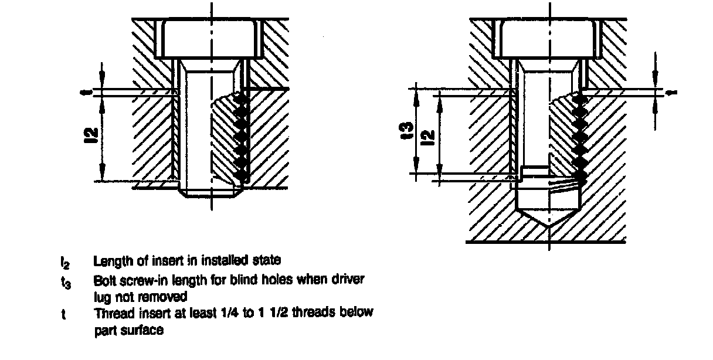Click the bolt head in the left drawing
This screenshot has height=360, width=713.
[209, 39]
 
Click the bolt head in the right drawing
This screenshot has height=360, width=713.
[549, 39]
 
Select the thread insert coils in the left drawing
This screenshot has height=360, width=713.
[240, 138]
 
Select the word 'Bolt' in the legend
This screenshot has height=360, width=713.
[103, 280]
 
